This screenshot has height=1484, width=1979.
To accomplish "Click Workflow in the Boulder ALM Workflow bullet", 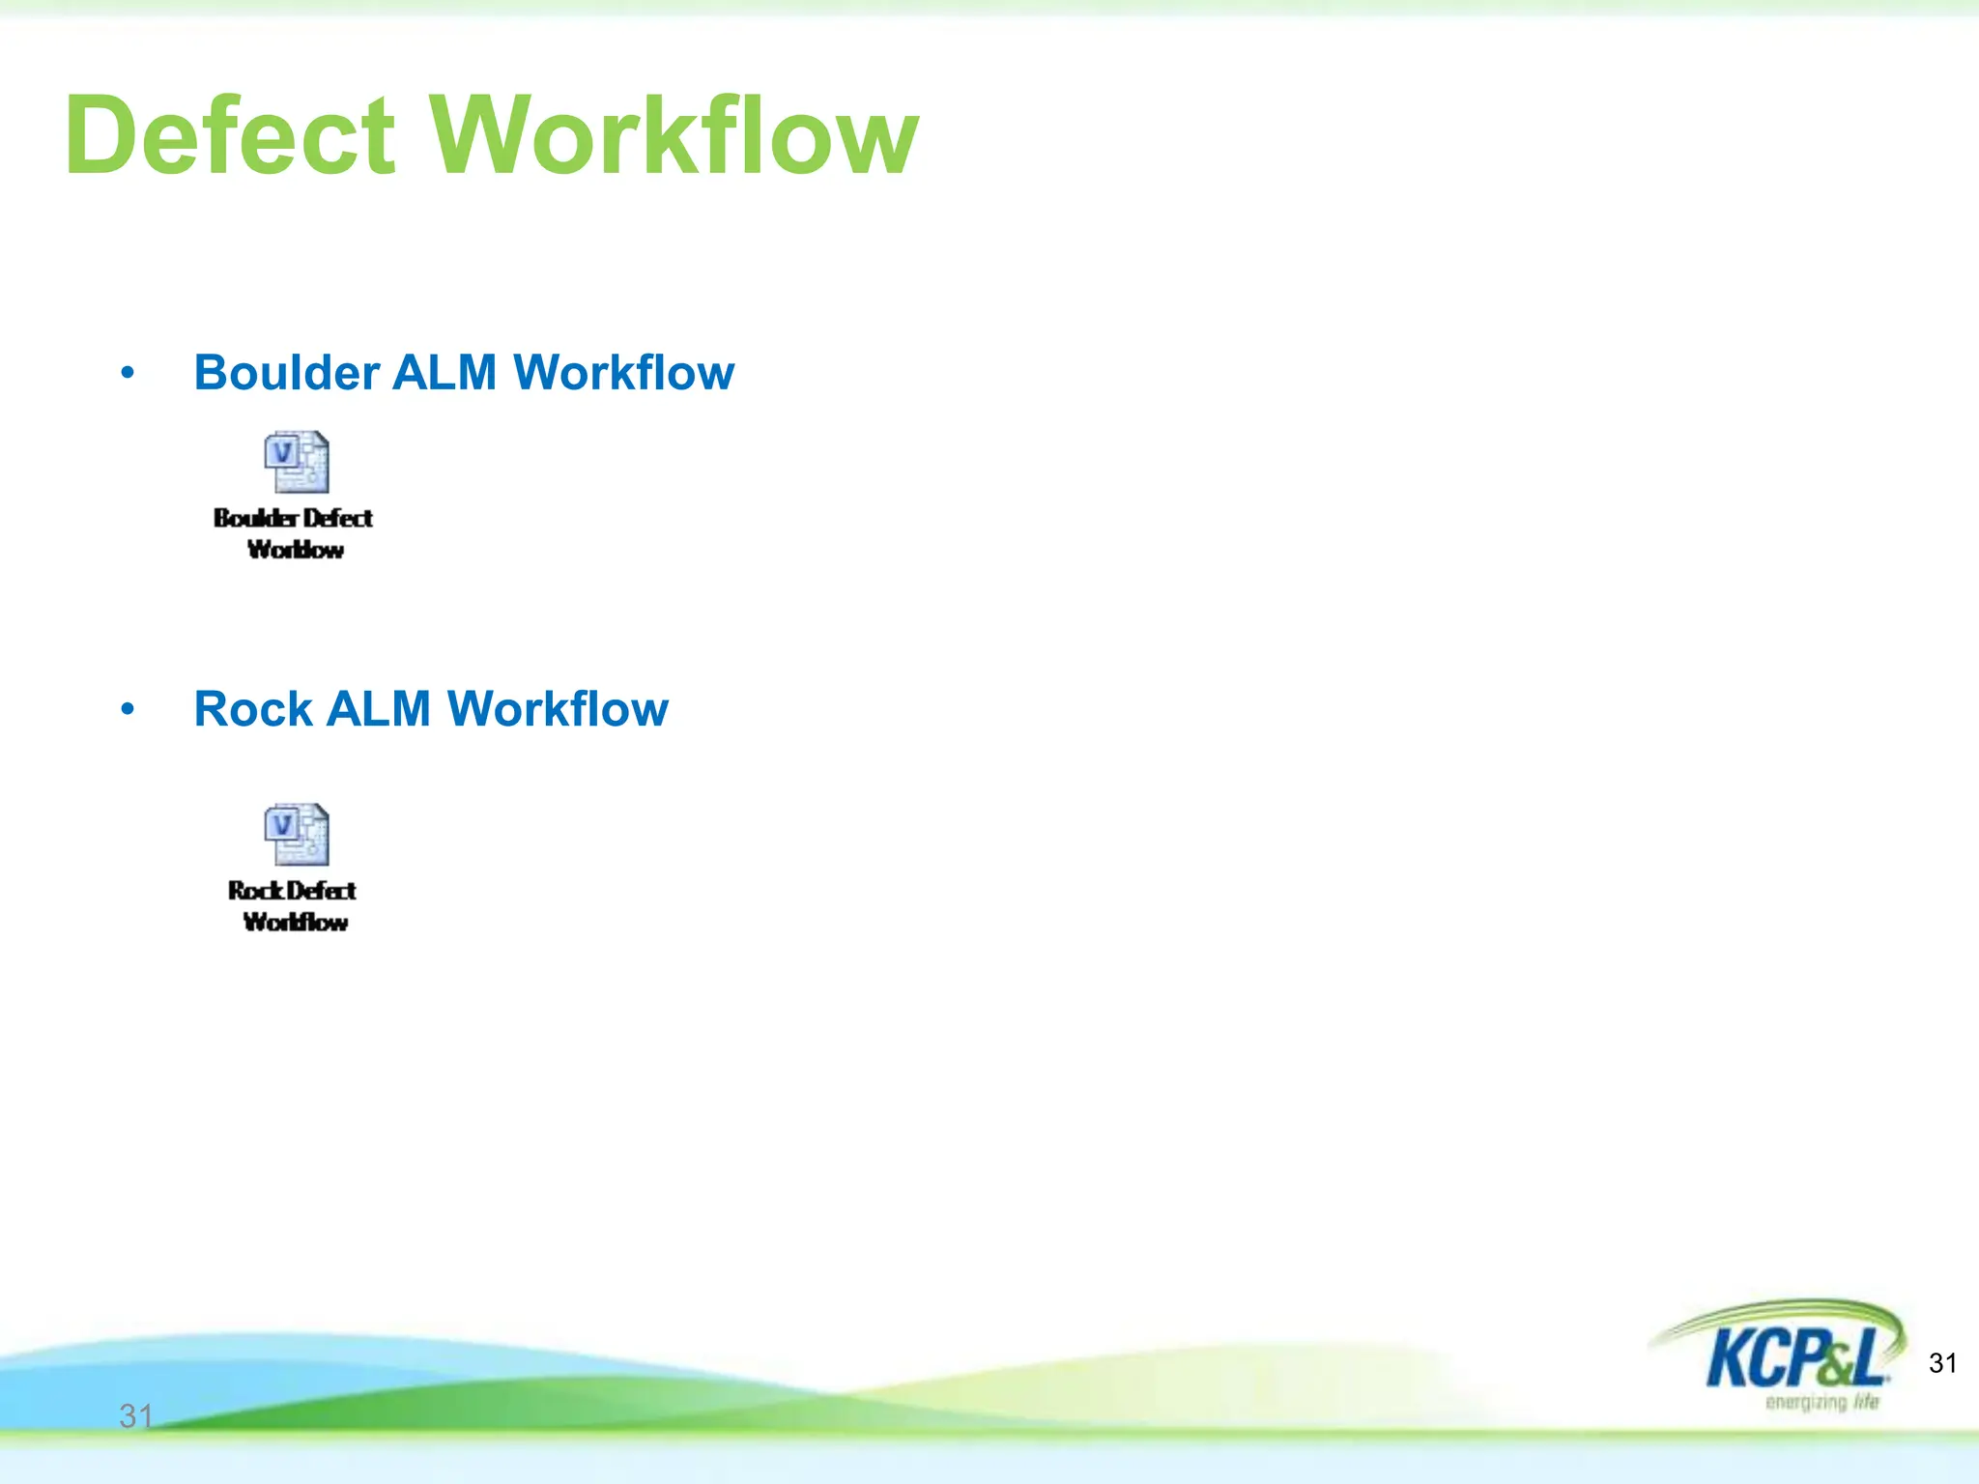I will (x=623, y=373).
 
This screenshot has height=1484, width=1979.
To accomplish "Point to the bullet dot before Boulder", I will (x=128, y=373).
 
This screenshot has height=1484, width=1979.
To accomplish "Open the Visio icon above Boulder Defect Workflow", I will (x=297, y=462).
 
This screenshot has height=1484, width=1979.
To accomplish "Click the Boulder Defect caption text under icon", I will (x=293, y=519).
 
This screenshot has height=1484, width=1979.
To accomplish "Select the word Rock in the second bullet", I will (x=253, y=709).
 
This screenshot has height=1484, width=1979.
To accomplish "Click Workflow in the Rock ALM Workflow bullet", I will (x=558, y=709).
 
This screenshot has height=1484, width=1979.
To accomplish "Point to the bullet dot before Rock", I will (x=128, y=710).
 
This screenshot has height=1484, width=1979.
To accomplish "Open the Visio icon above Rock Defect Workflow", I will (x=297, y=834).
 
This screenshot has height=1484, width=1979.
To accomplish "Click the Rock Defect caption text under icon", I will (x=292, y=891).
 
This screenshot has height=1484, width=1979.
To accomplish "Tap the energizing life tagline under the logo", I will (x=1821, y=1403).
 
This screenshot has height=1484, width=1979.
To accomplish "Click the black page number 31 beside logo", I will (x=1942, y=1363).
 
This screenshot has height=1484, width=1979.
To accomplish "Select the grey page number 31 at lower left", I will (x=136, y=1416).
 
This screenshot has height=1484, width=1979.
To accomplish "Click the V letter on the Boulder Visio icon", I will (x=282, y=452).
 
